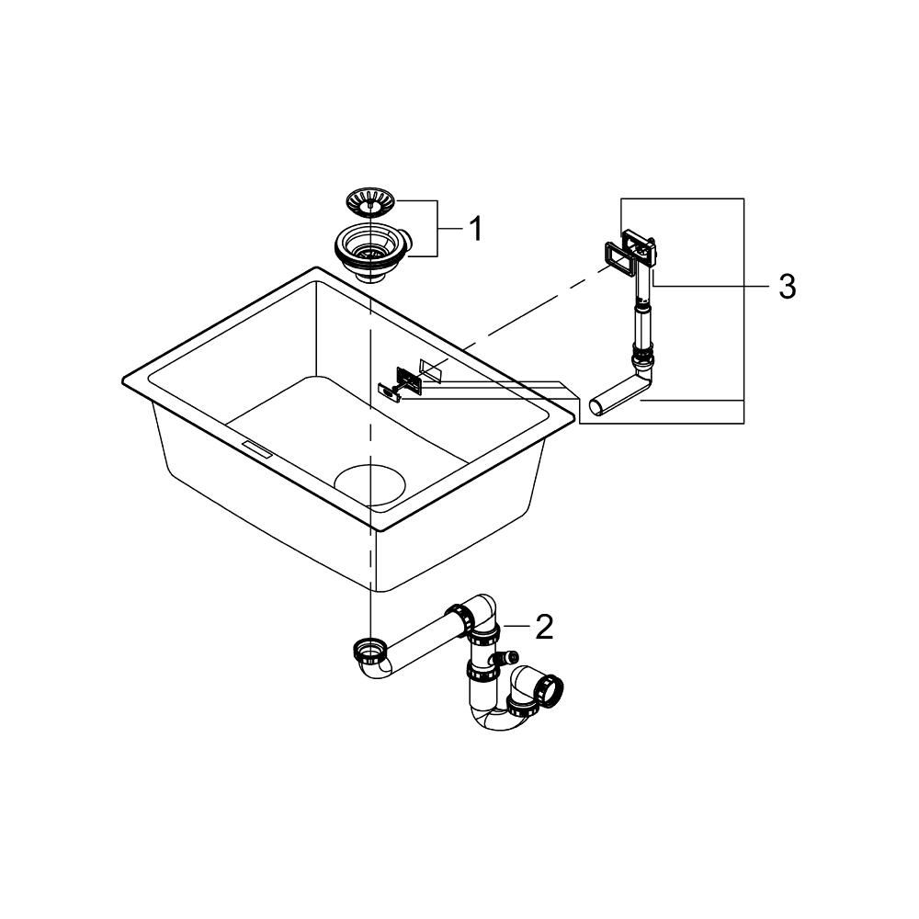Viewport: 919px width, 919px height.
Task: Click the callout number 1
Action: [x=475, y=228]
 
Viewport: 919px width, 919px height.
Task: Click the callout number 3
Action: [x=786, y=286]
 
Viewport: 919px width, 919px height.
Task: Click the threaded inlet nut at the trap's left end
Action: [x=368, y=650]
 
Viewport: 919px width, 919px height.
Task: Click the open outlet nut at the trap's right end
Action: [x=551, y=688]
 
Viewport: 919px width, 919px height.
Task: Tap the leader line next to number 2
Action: [x=517, y=626]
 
